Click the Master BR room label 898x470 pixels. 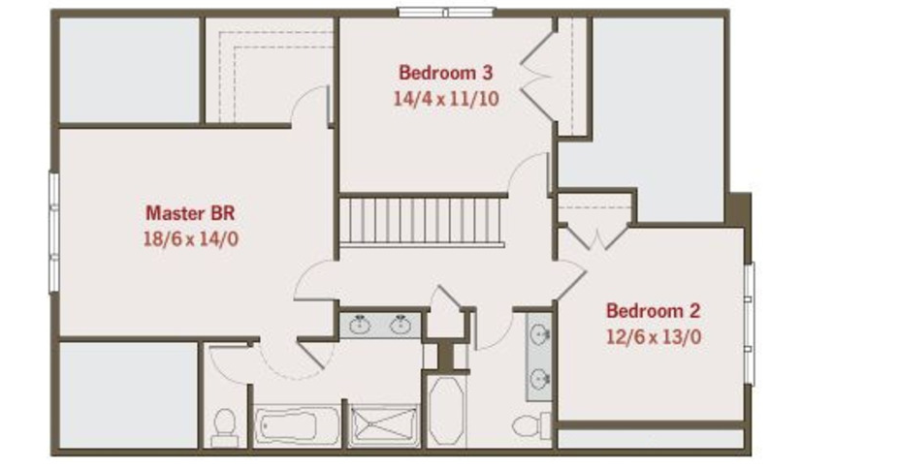click(x=190, y=213)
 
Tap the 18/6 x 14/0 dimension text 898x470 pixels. click(x=190, y=238)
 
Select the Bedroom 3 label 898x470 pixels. click(x=445, y=73)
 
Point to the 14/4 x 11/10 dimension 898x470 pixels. click(x=445, y=99)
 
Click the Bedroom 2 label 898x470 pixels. click(x=653, y=311)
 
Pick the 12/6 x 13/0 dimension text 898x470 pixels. click(x=653, y=336)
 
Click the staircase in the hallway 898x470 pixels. click(x=422, y=222)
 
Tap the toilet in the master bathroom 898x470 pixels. click(x=224, y=427)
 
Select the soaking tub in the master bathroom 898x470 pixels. click(x=297, y=426)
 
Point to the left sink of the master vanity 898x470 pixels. click(x=360, y=325)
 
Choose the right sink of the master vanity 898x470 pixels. click(x=401, y=325)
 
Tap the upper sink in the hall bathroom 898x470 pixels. click(x=540, y=333)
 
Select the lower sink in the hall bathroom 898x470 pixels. click(x=540, y=378)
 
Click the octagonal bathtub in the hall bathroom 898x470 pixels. click(x=447, y=411)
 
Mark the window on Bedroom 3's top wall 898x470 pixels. click(x=446, y=12)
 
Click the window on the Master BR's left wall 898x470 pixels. click(x=54, y=233)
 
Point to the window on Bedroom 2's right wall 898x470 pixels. click(x=749, y=324)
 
